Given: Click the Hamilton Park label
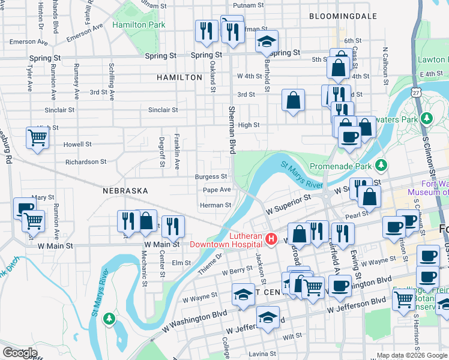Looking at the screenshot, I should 138,25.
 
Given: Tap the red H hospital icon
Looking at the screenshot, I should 271,239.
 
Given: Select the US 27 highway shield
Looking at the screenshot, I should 415,92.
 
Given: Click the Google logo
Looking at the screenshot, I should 20,353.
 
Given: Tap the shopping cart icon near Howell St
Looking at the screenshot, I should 37,139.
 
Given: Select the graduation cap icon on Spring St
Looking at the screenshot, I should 267,41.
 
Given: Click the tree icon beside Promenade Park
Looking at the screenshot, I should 380,164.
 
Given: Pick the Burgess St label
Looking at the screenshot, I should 211,177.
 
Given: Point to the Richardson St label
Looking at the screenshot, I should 85,162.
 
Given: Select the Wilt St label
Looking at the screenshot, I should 292,337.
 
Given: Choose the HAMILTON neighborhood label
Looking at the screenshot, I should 179,78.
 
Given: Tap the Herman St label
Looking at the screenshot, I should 215,205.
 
